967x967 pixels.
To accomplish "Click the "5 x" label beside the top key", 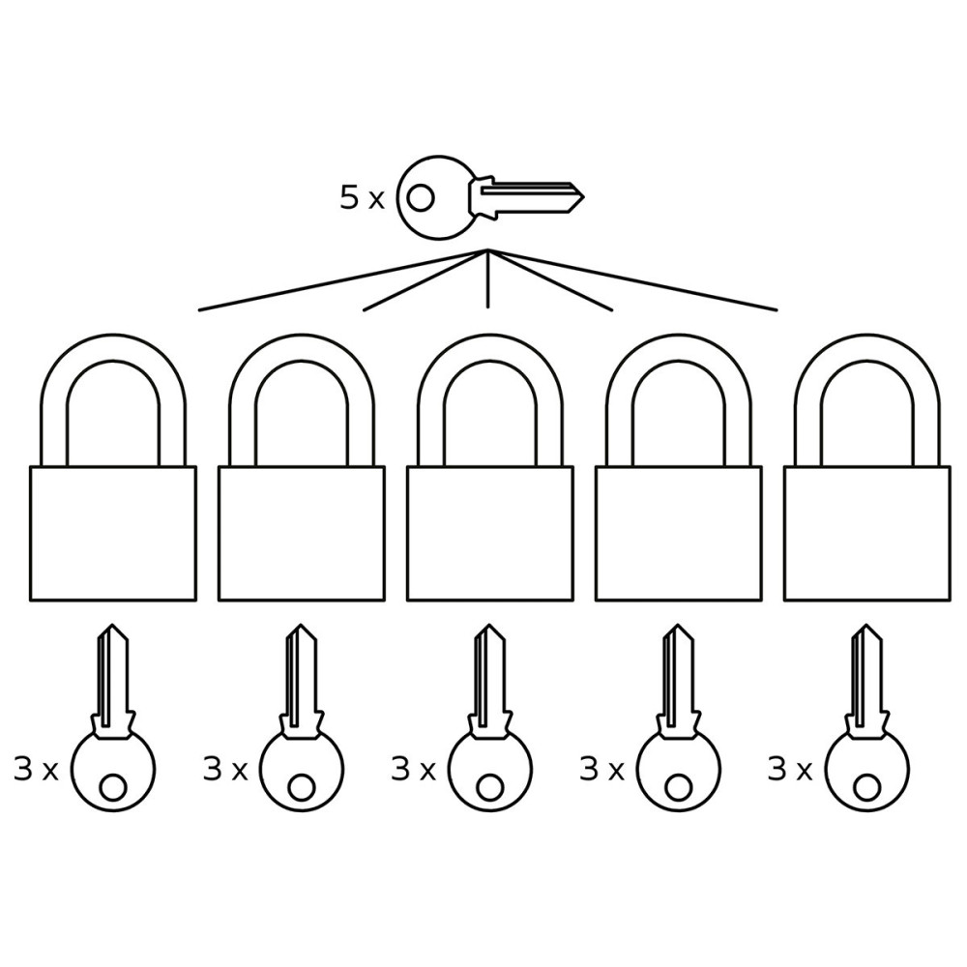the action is coord(362,198).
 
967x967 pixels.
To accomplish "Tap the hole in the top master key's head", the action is coord(422,198).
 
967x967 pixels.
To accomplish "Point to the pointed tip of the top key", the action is coord(583,198).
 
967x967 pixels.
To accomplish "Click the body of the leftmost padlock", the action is coord(113,533).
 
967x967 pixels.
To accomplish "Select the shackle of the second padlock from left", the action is coord(301,346).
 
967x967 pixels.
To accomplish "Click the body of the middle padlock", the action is coord(490,533).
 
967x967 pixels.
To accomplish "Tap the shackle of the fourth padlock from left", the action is coord(679,346).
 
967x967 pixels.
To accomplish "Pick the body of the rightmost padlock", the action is coord(867,533).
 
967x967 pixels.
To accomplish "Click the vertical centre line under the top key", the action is coord(487,278).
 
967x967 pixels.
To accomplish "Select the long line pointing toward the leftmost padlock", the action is coord(343,280).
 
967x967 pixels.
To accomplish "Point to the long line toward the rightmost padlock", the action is coord(632,280).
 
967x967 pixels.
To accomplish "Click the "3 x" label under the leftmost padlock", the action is coord(35,770).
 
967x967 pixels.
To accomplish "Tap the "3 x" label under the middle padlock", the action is coord(413,770).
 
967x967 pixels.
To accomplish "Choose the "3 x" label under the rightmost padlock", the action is coord(790,770).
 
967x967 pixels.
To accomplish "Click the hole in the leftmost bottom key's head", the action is coord(113,787).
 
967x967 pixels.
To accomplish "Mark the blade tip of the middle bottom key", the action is coord(490,627).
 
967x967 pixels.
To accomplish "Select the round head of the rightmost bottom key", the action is coord(867,769).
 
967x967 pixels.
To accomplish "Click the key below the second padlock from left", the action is coord(302,718).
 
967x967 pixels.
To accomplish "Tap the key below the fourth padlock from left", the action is coord(679,718).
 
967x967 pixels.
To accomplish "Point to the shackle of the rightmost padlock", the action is coord(867,346).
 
